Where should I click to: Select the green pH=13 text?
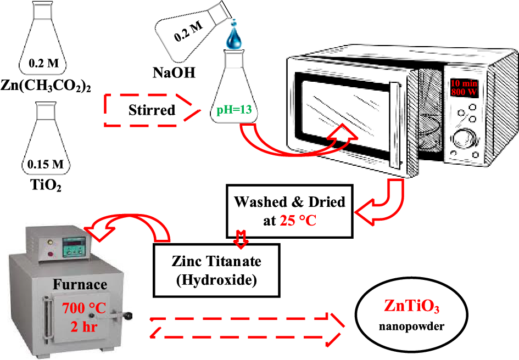pos(235,110)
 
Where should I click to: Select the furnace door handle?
pos(124,316)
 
